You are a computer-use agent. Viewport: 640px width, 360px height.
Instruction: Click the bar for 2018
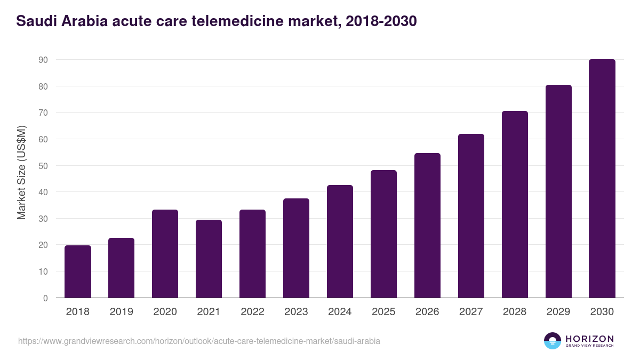78,271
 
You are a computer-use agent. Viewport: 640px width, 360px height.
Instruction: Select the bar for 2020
165,254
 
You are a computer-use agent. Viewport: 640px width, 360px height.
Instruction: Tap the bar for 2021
209,259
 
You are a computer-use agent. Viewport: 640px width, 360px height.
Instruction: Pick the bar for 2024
340,241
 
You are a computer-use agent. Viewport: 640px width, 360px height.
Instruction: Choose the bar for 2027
471,215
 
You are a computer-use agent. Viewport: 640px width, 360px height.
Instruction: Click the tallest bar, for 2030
602,178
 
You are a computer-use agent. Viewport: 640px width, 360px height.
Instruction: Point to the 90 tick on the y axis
43,60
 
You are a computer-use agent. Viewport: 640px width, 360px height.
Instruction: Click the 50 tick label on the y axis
43,166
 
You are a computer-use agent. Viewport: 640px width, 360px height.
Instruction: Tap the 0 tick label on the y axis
46,298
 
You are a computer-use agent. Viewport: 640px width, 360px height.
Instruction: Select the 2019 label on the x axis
122,312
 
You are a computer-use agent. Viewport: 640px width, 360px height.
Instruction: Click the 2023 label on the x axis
297,312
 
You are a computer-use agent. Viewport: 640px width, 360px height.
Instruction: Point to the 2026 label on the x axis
428,312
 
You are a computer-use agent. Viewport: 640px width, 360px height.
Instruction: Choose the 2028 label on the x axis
515,312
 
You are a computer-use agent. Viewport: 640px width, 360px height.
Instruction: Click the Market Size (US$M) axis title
21,172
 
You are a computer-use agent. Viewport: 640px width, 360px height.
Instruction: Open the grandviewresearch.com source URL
199,341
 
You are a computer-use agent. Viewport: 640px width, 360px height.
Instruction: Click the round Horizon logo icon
553,341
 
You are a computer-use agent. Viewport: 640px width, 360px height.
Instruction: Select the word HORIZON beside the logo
589,339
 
